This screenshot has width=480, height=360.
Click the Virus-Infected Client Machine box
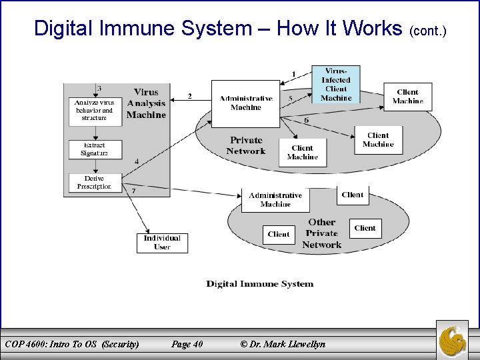coord(336,84)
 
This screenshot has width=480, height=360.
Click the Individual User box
coord(162,242)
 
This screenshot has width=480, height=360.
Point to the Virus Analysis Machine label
coord(146,103)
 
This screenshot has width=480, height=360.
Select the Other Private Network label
coord(321,233)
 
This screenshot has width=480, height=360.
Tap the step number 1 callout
coord(294,73)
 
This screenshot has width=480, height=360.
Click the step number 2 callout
coord(189,96)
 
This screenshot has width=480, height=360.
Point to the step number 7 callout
coord(133,191)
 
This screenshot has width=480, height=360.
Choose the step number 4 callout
coord(137,162)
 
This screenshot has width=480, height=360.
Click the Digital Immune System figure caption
coord(259,283)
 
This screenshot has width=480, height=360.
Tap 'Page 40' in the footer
coord(187,344)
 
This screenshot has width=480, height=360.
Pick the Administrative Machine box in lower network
coord(275,199)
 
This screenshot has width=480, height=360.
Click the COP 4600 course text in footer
coord(72,344)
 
